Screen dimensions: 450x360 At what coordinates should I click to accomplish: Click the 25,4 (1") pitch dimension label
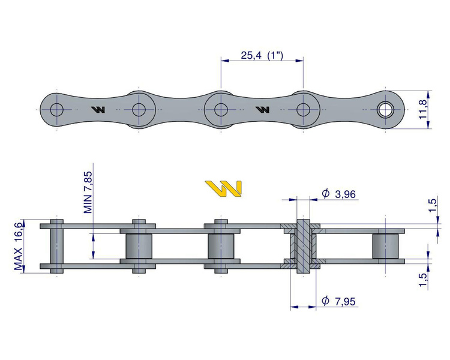click(262, 55)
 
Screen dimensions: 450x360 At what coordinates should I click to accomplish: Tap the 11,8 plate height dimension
click(424, 109)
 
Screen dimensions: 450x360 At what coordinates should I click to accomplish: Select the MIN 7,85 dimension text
click(88, 193)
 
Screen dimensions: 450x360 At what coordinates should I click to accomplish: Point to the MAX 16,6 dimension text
click(18, 247)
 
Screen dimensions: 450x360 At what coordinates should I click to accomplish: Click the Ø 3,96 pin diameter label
click(338, 194)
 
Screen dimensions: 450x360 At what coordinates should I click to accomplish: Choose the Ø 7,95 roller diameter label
click(338, 301)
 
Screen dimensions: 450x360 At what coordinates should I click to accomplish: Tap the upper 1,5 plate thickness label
click(433, 205)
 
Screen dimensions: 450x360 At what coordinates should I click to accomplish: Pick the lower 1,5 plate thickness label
click(423, 280)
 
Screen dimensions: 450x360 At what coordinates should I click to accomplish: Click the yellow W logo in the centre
click(223, 188)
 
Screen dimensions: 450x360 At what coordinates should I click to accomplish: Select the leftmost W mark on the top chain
click(98, 110)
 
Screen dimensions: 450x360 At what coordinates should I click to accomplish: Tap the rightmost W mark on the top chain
click(263, 110)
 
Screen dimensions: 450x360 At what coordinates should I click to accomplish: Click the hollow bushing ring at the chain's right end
click(385, 110)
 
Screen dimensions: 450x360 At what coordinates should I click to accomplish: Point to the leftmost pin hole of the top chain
click(57, 110)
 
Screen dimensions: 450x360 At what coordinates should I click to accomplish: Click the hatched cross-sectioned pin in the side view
click(303, 246)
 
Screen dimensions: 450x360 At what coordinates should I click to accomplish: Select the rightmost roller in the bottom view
click(385, 246)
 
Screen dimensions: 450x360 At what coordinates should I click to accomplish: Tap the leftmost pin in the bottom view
click(57, 246)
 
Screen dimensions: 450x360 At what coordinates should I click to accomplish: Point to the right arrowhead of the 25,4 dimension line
click(299, 61)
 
